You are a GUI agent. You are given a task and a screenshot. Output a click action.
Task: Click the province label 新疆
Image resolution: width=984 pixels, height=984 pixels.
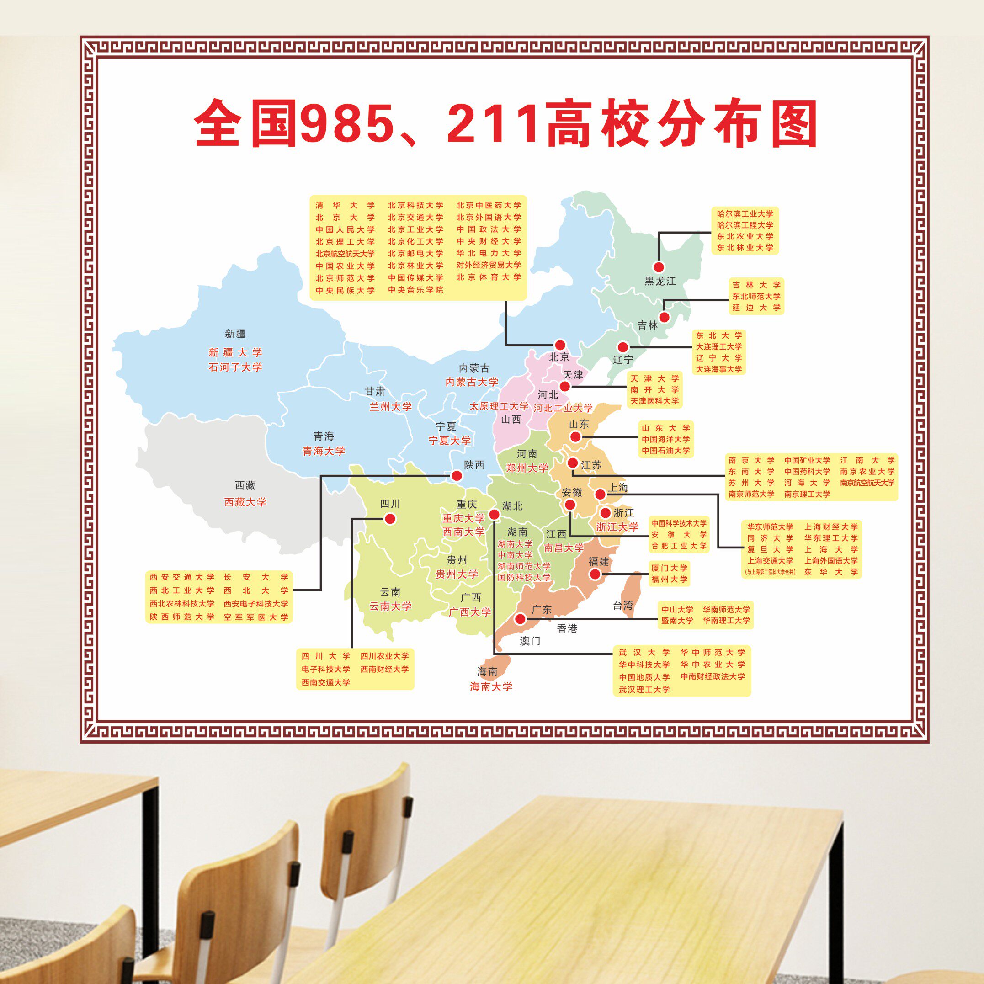click(x=235, y=334)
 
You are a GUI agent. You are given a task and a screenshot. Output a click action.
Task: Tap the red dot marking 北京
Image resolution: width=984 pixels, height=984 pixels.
click(x=560, y=345)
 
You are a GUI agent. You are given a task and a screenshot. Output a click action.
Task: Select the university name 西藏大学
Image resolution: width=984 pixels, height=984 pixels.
click(x=245, y=502)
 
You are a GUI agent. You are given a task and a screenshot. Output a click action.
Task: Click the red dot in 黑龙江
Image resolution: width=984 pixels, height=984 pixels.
click(x=659, y=267)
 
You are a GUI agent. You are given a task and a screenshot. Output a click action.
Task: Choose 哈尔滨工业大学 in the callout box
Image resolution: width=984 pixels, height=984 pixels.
click(x=745, y=214)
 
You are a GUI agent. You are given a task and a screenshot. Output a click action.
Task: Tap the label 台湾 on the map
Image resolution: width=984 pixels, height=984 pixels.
click(x=622, y=605)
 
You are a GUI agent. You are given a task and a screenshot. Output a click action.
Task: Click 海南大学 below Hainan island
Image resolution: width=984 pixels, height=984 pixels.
click(x=491, y=686)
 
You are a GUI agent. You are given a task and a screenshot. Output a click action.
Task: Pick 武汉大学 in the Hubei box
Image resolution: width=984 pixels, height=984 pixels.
click(x=644, y=653)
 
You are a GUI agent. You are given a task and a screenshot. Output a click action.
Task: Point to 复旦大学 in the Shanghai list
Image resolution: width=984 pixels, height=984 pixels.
click(x=770, y=549)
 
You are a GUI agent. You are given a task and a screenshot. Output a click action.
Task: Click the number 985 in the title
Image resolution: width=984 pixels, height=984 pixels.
click(x=346, y=124)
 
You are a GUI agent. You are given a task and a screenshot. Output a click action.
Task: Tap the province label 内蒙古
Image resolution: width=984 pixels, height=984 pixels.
click(x=473, y=368)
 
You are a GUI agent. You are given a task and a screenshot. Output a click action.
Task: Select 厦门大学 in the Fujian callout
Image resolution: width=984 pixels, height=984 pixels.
click(x=669, y=568)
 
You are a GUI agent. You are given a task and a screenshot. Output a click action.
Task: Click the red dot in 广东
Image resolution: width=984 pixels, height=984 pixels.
click(x=520, y=619)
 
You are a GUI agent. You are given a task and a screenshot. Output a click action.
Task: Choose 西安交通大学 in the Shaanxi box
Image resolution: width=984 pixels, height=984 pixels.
click(x=182, y=577)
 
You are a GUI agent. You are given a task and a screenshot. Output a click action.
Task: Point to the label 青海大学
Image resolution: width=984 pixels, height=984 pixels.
click(x=324, y=451)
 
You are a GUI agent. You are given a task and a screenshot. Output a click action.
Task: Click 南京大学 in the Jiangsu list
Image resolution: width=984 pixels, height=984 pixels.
click(x=751, y=460)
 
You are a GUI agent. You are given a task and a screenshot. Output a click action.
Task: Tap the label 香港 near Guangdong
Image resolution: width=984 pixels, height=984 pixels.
click(x=567, y=628)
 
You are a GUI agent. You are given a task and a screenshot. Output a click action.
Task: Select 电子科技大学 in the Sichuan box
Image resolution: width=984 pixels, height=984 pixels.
click(x=325, y=669)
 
